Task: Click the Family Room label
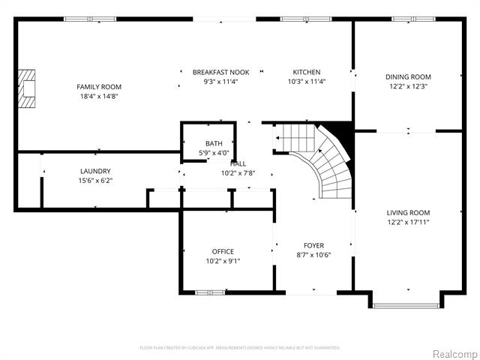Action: tap(98, 87)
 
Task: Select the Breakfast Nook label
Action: tap(220, 72)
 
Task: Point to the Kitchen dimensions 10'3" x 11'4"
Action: tap(307, 82)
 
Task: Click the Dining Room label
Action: tap(408, 76)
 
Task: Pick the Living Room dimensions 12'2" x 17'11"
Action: tap(408, 222)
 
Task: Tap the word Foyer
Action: tap(313, 245)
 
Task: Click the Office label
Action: tap(223, 251)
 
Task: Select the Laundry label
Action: tap(95, 171)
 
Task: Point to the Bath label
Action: tap(214, 143)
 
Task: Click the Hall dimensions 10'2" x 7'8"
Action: tap(238, 173)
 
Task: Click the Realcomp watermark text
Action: tap(454, 352)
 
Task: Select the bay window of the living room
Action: tap(406, 305)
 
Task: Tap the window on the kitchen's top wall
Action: tap(295, 19)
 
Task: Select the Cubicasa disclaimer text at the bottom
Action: tap(240, 347)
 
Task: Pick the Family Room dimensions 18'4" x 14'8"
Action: tap(98, 96)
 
